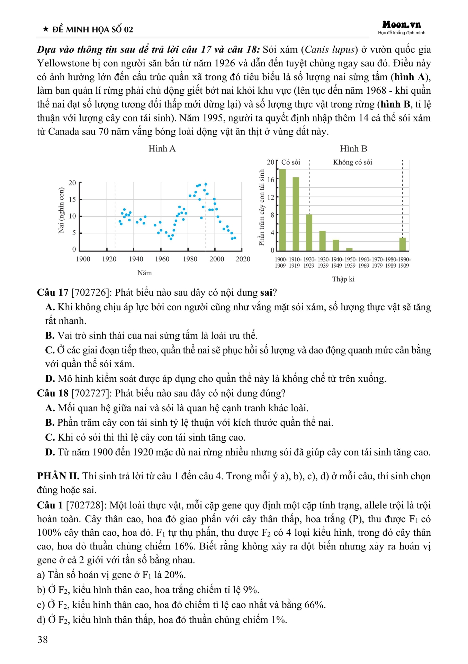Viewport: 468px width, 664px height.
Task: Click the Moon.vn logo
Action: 402,25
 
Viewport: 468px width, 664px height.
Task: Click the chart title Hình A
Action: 162,149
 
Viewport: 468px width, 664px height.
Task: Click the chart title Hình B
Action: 353,149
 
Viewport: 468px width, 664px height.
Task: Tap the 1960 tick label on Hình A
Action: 162,259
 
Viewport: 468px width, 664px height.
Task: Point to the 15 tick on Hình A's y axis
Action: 72,200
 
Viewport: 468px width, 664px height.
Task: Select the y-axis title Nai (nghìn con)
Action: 61,210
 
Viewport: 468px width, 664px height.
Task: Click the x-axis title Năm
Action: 144,273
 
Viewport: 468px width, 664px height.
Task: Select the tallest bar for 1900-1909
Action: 282,210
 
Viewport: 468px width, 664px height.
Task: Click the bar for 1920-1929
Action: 309,232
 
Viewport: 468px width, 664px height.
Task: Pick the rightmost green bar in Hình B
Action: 403,244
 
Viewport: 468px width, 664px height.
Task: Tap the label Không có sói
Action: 352,162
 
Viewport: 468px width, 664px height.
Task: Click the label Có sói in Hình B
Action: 290,162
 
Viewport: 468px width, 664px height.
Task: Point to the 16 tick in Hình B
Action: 271,179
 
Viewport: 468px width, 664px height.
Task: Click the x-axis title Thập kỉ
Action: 343,279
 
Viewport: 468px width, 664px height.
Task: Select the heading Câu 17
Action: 53,293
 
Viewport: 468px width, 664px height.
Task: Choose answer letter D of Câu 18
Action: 50,452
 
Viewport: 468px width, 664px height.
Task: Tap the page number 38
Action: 43,639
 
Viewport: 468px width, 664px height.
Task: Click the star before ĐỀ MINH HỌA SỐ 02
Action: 46,29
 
